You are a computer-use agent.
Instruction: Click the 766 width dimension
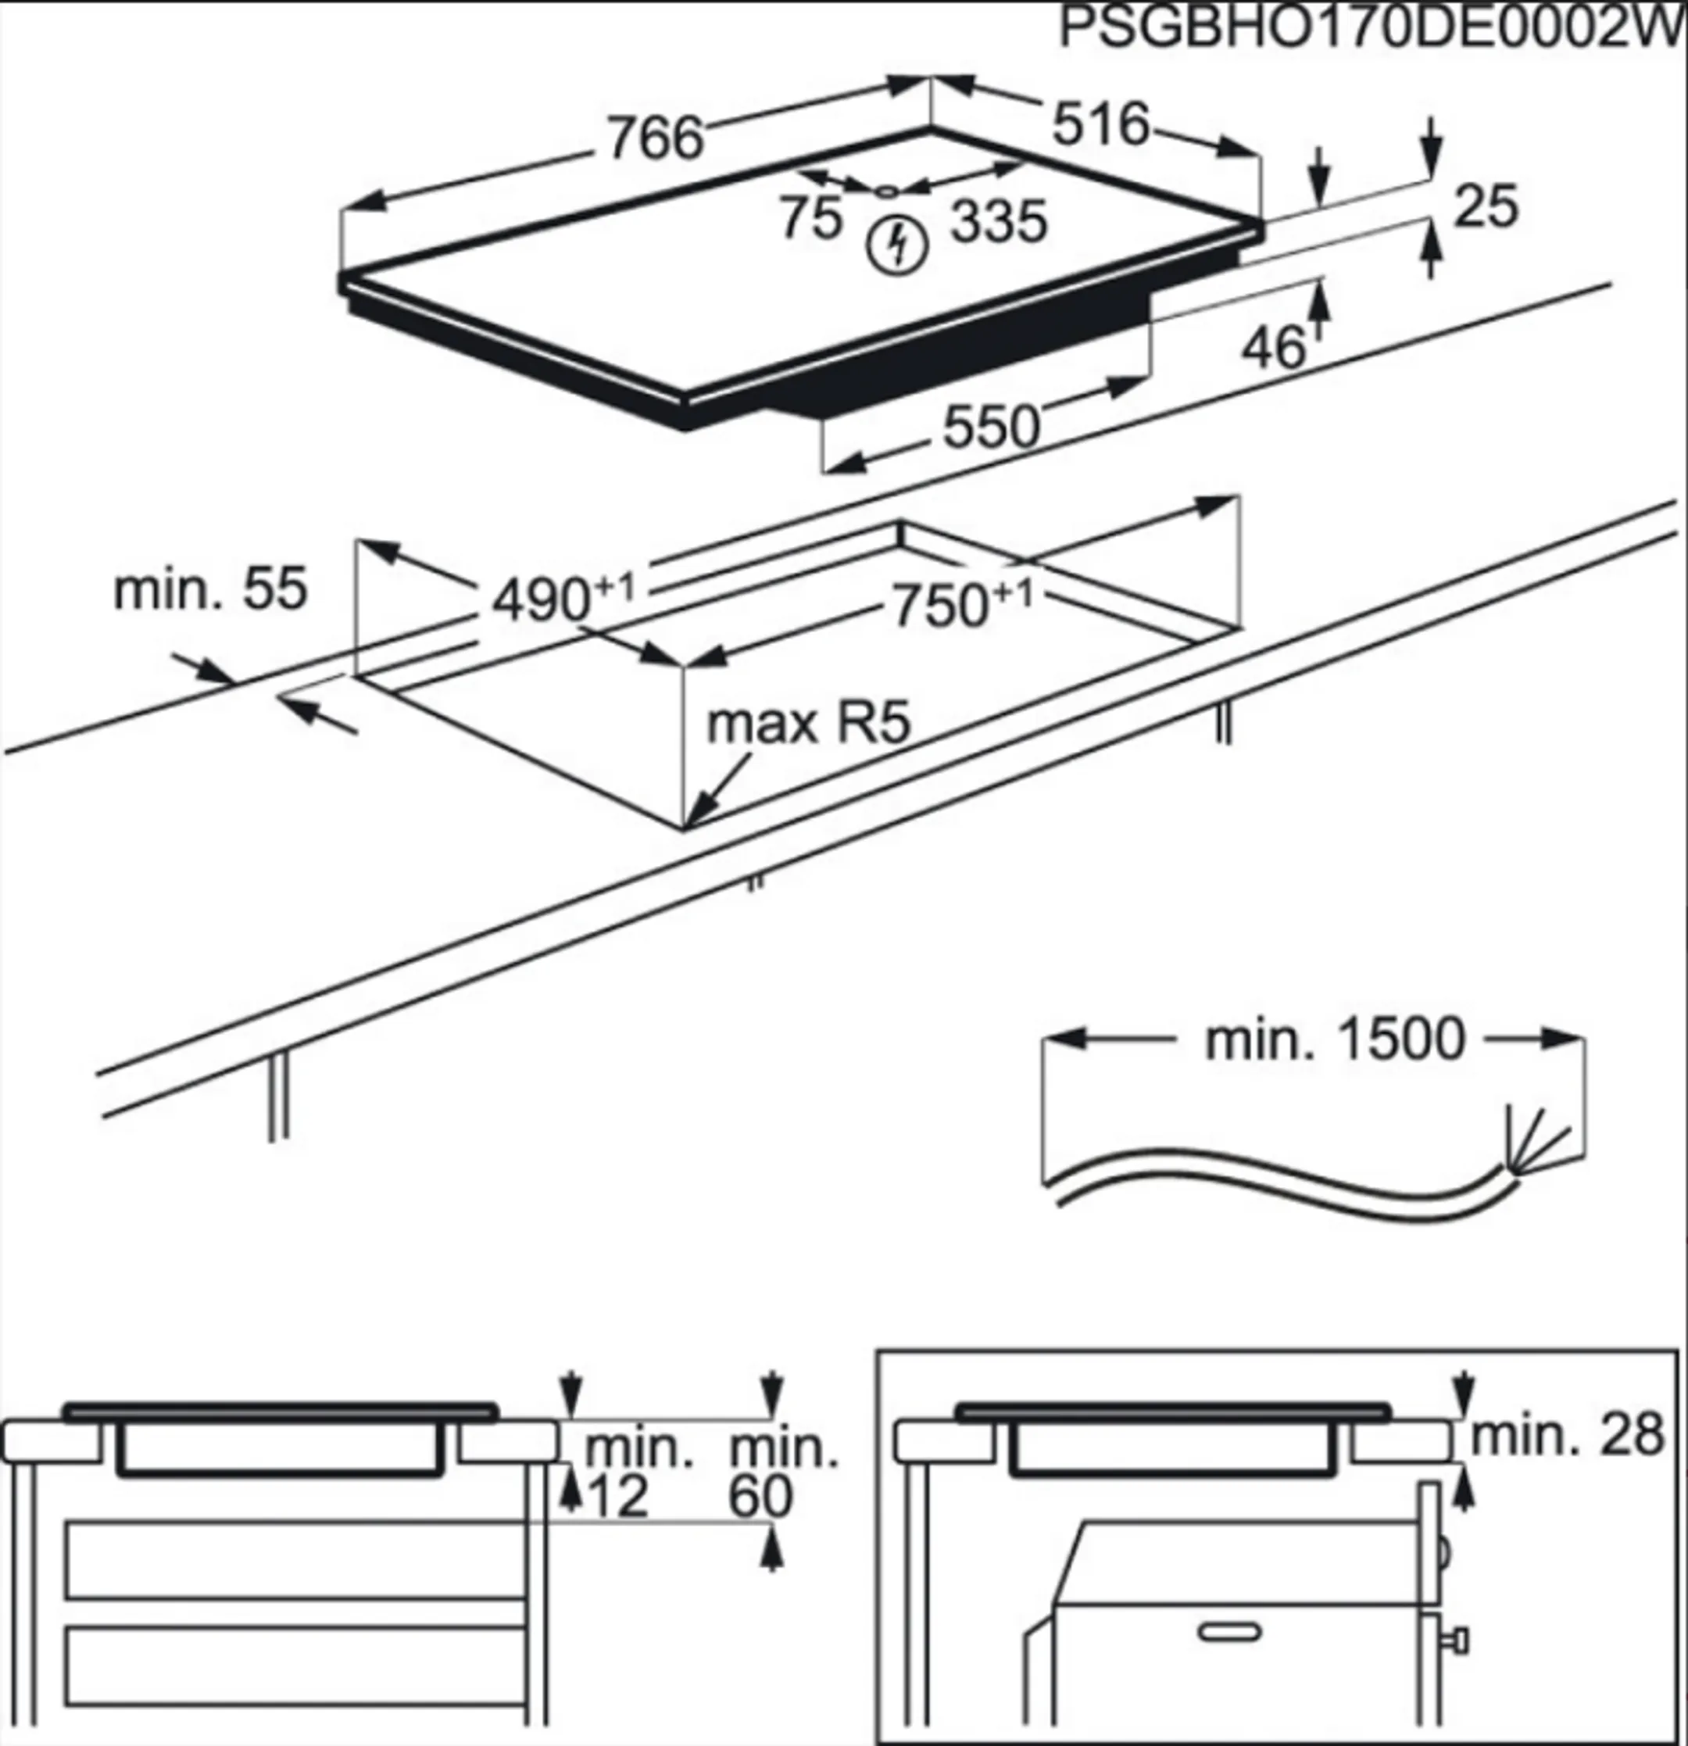[x=655, y=139]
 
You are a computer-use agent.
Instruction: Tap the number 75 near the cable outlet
[x=810, y=217]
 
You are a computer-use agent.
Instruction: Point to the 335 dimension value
[x=999, y=222]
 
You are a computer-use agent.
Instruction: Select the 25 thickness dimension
[x=1485, y=206]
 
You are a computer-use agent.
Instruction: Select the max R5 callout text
[x=808, y=724]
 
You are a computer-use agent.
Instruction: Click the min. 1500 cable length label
[x=1333, y=1040]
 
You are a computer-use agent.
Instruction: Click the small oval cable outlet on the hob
[x=887, y=191]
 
